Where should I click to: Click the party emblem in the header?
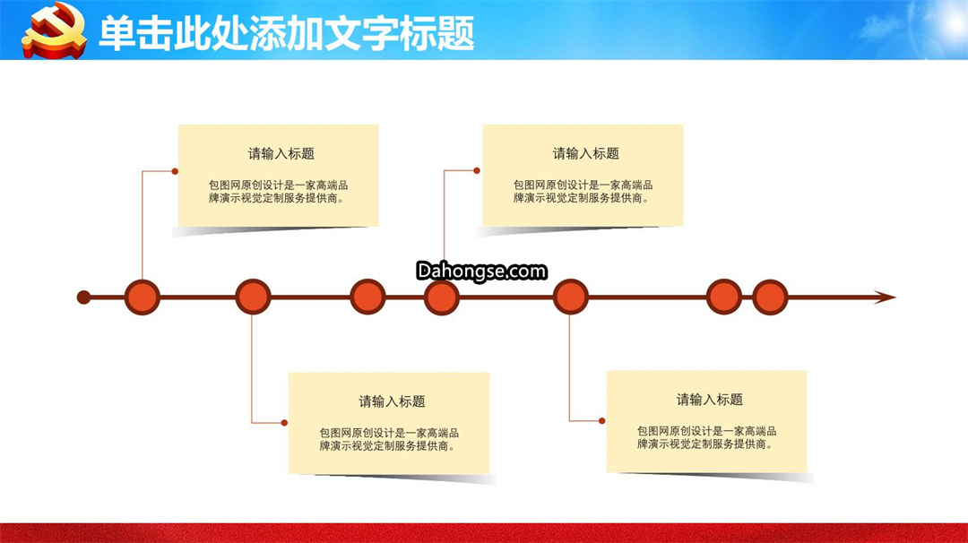pyautogui.click(x=54, y=30)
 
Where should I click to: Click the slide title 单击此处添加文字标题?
pyautogui.click(x=287, y=32)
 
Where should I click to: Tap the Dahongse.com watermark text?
pyautogui.click(x=481, y=271)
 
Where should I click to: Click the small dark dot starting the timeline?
pyautogui.click(x=84, y=297)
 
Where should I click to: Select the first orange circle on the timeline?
pyautogui.click(x=142, y=297)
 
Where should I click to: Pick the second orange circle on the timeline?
pyautogui.click(x=253, y=297)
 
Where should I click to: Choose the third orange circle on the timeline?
pyautogui.click(x=368, y=297)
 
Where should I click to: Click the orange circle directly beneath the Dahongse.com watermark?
pyautogui.click(x=441, y=297)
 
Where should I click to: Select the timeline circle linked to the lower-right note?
pyautogui.click(x=570, y=297)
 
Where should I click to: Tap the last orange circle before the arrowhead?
pyautogui.click(x=770, y=297)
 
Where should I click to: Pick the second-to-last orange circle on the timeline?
pyautogui.click(x=723, y=297)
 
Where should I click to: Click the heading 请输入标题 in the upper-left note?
pyautogui.click(x=281, y=153)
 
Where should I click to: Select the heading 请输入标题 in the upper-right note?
pyautogui.click(x=586, y=153)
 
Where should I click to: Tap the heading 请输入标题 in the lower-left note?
pyautogui.click(x=392, y=401)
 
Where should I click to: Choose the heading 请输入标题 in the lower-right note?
pyautogui.click(x=709, y=400)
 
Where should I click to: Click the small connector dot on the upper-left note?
pyautogui.click(x=175, y=171)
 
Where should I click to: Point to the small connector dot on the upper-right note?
pyautogui.click(x=477, y=170)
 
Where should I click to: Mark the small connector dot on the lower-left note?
pyautogui.click(x=284, y=423)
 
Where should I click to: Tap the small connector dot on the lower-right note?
pyautogui.click(x=602, y=421)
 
